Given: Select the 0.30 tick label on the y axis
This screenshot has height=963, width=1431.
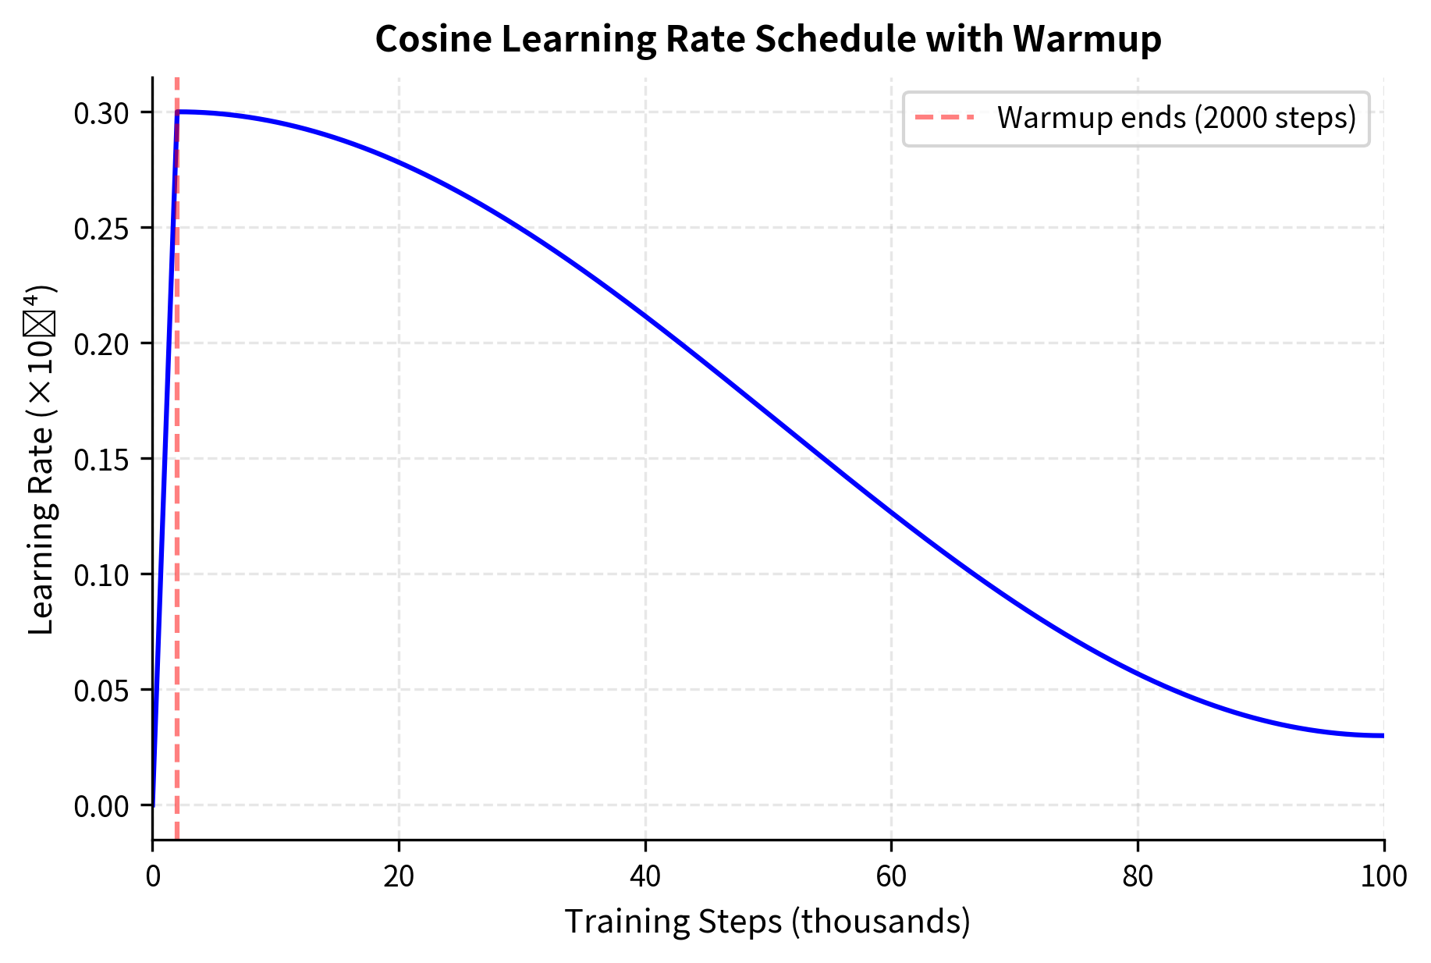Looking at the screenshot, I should click(101, 114).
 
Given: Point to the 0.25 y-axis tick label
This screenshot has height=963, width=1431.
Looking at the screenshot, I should click(101, 229).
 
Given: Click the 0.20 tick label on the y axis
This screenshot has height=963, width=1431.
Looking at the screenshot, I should click(101, 345).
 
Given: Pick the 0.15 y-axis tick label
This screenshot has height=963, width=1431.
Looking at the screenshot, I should click(101, 460).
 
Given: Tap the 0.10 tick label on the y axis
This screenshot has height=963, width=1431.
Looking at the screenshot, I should click(101, 576).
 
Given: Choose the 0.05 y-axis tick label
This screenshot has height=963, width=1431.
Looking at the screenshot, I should click(101, 691).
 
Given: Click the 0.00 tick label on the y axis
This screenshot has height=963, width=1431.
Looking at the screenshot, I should click(101, 807).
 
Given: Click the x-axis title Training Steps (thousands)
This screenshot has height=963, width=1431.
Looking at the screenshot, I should click(767, 922).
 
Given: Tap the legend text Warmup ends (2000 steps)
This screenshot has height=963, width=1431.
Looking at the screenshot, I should click(1177, 118).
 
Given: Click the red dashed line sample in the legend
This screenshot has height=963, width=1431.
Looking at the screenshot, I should click(944, 118).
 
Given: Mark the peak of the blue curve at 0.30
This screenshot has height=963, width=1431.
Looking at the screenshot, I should click(179, 112).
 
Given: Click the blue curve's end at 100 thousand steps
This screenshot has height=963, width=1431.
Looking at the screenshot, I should click(1382, 735).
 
